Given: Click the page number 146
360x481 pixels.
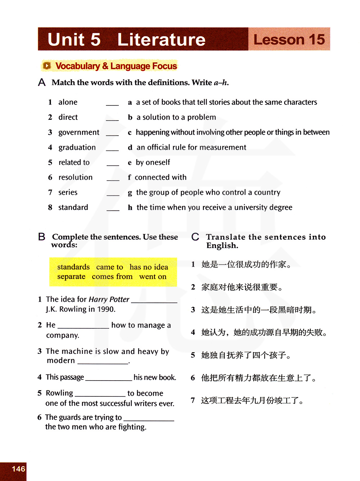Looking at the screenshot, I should (18, 469).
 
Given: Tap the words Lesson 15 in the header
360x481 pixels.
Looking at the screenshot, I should (289, 40).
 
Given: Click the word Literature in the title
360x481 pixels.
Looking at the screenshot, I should (161, 40).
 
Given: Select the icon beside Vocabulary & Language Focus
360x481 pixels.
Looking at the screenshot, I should (47, 66).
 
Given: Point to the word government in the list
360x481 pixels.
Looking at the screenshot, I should (79, 132).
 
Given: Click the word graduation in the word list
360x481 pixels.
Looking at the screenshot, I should (77, 148).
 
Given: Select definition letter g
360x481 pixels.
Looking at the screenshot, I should (130, 193).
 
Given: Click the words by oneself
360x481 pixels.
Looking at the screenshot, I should (153, 162).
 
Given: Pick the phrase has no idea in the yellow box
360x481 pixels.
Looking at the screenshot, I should (149, 267).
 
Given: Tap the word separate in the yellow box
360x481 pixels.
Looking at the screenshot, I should (71, 277).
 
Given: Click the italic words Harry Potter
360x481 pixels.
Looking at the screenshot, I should (109, 300).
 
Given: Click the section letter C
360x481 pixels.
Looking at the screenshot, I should (195, 237).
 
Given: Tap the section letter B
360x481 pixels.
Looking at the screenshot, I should (42, 237).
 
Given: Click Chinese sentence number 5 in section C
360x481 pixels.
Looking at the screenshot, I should (246, 355).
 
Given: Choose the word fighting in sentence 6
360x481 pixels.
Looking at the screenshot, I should (132, 427).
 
